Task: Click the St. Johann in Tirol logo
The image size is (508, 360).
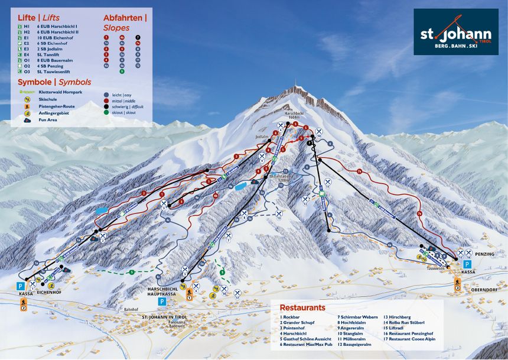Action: coord(455,32)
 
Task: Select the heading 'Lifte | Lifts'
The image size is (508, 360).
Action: coord(38,18)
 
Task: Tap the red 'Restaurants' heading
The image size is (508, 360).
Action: coord(302,308)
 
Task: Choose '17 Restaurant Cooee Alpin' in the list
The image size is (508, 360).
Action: coord(412,339)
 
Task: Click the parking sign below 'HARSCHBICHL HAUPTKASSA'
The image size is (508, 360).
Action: coord(162,301)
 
